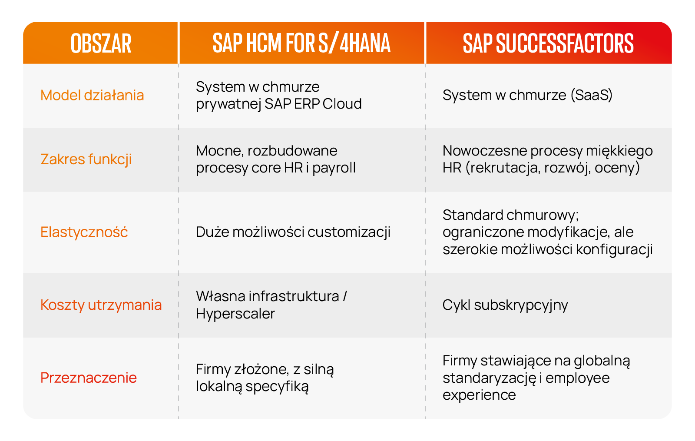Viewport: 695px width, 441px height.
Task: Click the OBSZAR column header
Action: click(x=101, y=43)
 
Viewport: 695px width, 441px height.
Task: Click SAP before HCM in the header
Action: click(x=227, y=43)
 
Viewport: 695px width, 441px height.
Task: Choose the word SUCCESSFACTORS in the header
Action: click(x=565, y=43)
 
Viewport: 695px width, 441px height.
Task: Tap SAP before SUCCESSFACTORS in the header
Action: click(x=477, y=43)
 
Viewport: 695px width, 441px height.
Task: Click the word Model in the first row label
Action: click(x=60, y=95)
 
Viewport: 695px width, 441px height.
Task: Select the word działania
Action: click(x=114, y=95)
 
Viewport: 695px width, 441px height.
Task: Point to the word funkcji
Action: click(x=110, y=159)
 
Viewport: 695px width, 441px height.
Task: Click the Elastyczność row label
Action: click(x=84, y=232)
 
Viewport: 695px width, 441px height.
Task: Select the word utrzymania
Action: click(x=125, y=305)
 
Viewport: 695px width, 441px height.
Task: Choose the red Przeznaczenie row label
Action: click(x=89, y=378)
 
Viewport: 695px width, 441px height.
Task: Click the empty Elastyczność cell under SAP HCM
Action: click(x=301, y=232)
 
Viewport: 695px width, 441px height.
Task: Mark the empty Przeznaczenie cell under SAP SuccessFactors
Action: click(x=548, y=378)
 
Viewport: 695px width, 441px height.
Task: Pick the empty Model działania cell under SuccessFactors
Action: click(x=548, y=95)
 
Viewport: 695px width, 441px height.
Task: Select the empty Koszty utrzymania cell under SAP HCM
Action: click(x=301, y=305)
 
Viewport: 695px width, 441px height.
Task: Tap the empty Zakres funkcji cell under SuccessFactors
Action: click(x=548, y=159)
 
